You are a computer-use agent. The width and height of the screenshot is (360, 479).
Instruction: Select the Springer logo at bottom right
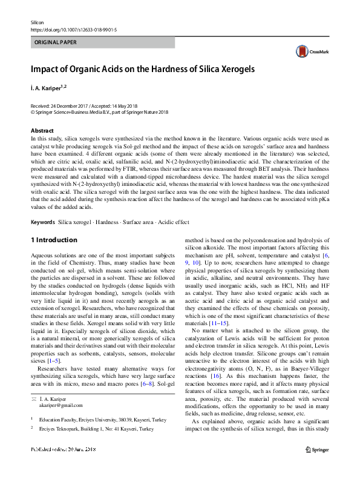coord(316,466)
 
